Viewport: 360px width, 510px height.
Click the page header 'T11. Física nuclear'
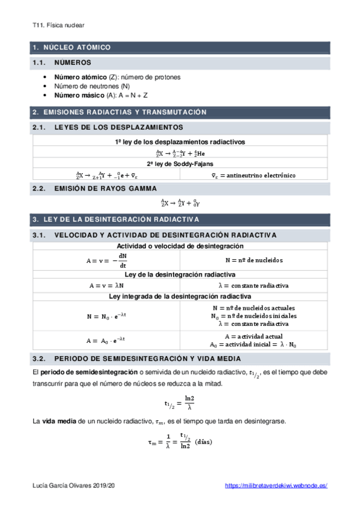point(58,25)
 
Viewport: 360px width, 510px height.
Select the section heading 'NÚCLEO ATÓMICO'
point(77,47)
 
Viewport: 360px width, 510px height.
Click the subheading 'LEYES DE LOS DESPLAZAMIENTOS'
point(118,127)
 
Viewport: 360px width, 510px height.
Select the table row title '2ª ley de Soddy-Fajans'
point(180,164)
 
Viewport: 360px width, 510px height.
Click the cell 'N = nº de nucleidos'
point(254,260)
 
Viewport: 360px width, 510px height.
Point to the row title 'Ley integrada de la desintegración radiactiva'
point(180,296)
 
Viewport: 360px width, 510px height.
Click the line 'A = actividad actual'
point(253,336)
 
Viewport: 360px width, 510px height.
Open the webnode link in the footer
point(276,485)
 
